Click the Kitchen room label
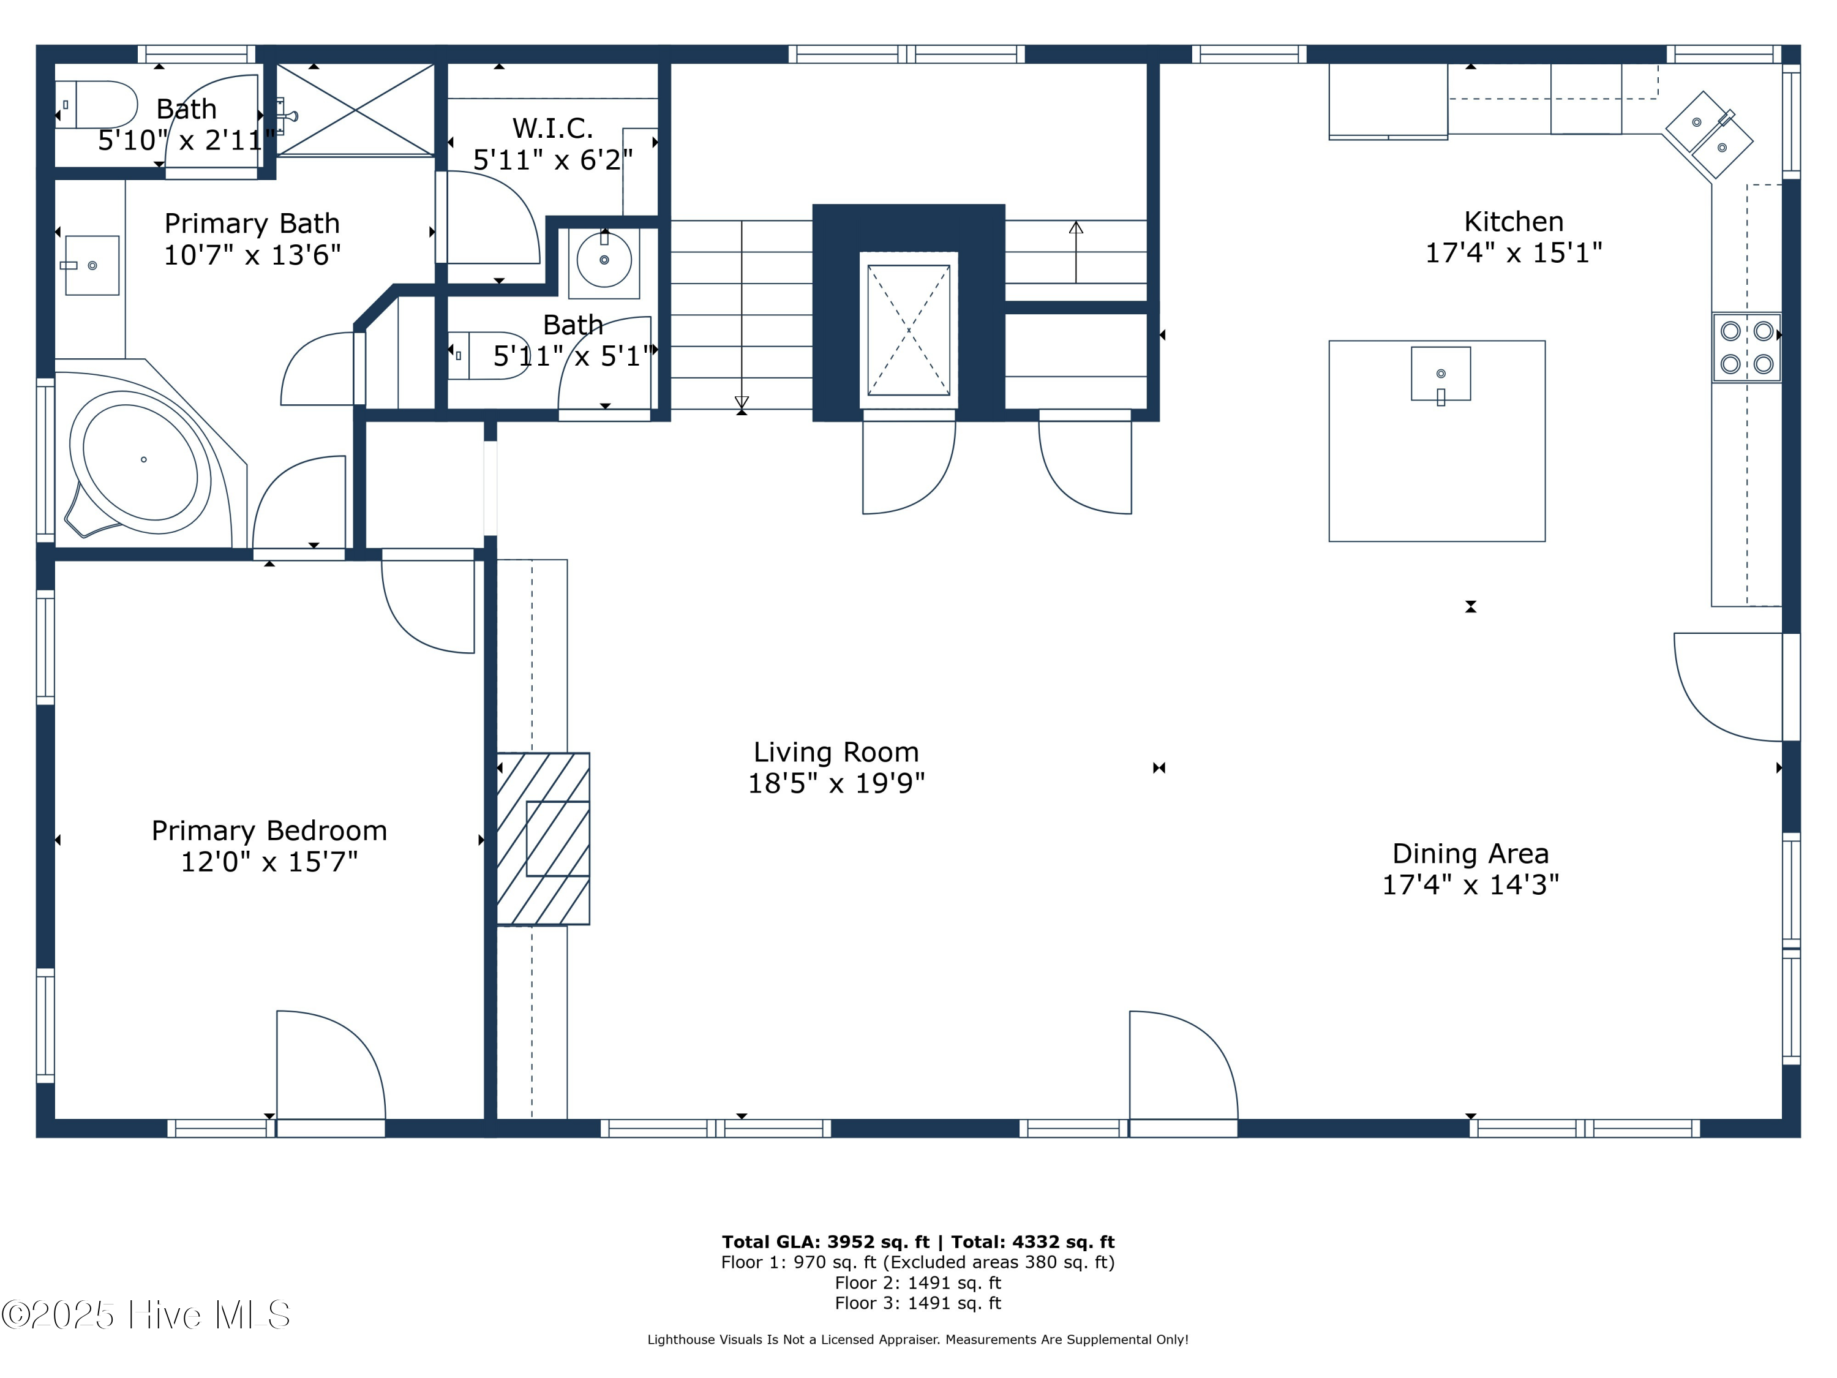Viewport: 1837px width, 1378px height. point(1513,222)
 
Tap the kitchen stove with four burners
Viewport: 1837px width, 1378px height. point(1746,347)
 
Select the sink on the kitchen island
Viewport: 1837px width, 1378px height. point(1441,374)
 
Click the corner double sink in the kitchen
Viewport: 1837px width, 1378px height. point(1708,135)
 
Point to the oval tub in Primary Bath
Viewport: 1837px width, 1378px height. point(141,462)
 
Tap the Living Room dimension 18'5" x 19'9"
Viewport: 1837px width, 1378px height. point(836,783)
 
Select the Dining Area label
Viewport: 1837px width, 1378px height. point(1470,853)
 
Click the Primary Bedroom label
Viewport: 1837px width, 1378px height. point(269,830)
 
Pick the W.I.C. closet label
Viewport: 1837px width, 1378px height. point(552,128)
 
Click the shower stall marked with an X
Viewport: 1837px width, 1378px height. point(355,110)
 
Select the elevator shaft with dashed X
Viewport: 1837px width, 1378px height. point(909,329)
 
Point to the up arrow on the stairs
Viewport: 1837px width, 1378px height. point(1075,249)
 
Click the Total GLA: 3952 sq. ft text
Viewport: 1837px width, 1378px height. point(825,1242)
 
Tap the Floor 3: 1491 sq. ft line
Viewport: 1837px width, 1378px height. point(918,1303)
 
